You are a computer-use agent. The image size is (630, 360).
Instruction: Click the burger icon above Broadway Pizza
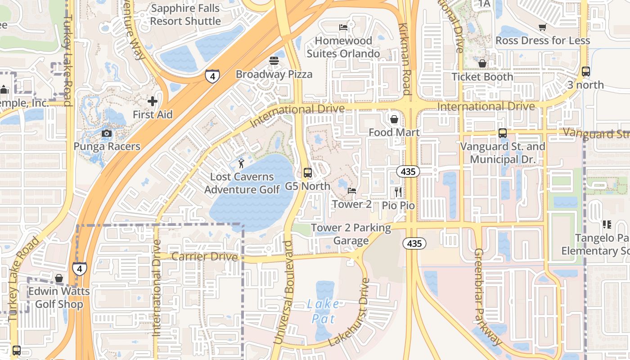point(274,60)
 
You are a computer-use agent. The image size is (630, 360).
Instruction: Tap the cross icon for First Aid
point(153,101)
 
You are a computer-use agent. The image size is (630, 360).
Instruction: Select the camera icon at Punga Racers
point(107,133)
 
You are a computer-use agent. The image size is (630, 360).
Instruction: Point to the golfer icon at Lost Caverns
point(242,162)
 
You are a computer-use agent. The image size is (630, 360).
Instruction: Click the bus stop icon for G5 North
point(308,172)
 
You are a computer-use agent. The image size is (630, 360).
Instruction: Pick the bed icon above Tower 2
point(352,191)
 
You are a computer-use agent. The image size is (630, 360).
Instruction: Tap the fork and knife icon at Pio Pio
point(398,192)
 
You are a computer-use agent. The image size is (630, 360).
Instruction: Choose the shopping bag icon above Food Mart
point(394,119)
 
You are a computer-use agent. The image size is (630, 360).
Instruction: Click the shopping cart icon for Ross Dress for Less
point(543,27)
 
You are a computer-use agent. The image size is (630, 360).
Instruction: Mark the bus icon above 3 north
point(585,71)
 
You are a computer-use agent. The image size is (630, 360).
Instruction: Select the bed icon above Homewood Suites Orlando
point(343,27)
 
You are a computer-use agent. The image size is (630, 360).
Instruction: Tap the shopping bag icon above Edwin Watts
point(59,278)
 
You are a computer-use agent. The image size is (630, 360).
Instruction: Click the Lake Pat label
point(324,311)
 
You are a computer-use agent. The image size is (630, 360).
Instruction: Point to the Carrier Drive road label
point(204,256)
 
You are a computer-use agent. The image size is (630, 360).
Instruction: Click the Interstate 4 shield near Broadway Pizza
point(212,76)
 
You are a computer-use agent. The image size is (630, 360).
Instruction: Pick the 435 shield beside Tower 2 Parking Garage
point(414,243)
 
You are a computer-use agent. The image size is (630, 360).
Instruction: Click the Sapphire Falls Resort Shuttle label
point(185,14)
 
